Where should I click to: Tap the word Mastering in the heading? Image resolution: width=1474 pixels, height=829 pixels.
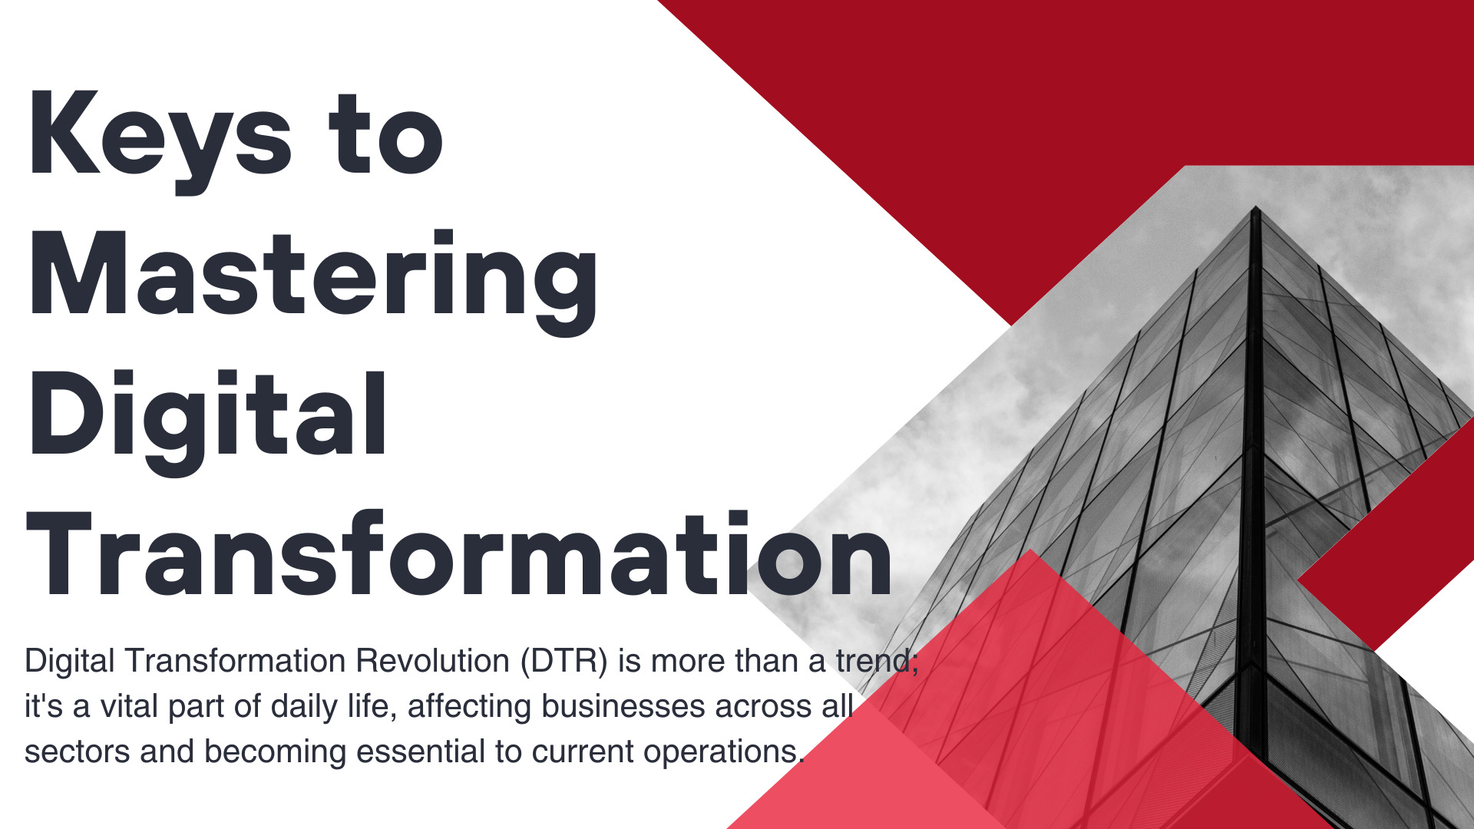pyautogui.click(x=312, y=282)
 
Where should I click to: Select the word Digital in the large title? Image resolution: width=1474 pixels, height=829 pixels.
pyautogui.click(x=207, y=422)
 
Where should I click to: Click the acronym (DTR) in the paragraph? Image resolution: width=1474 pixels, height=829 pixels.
pyautogui.click(x=564, y=661)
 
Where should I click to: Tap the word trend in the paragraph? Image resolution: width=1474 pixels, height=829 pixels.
pyautogui.click(x=873, y=661)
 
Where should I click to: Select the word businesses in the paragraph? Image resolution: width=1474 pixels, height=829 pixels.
pyautogui.click(x=623, y=706)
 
